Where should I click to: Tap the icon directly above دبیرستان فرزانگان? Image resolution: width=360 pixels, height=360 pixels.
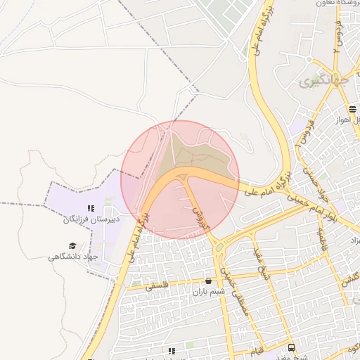90,208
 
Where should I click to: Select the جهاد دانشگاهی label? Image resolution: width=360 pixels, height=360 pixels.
73,257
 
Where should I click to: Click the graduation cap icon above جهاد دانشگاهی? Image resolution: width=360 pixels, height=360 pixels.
72,245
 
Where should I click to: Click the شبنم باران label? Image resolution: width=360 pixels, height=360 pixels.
208,291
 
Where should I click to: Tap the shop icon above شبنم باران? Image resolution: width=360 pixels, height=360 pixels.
207,281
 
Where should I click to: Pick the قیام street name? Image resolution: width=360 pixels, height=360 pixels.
258,349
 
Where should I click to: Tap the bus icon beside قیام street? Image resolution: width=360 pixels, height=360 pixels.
291,347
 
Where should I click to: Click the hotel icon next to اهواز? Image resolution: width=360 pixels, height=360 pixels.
352,109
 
